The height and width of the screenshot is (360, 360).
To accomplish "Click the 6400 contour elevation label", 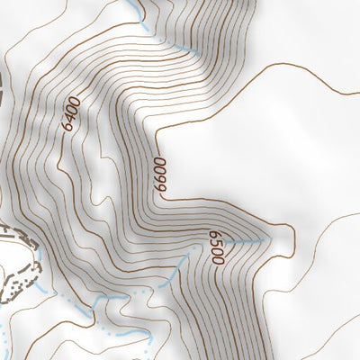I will tap(73, 115).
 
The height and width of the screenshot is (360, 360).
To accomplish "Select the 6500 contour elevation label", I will tap(215, 245).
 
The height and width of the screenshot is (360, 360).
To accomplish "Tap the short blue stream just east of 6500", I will tap(243, 241).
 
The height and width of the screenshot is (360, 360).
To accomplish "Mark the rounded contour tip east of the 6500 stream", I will tap(291, 236).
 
